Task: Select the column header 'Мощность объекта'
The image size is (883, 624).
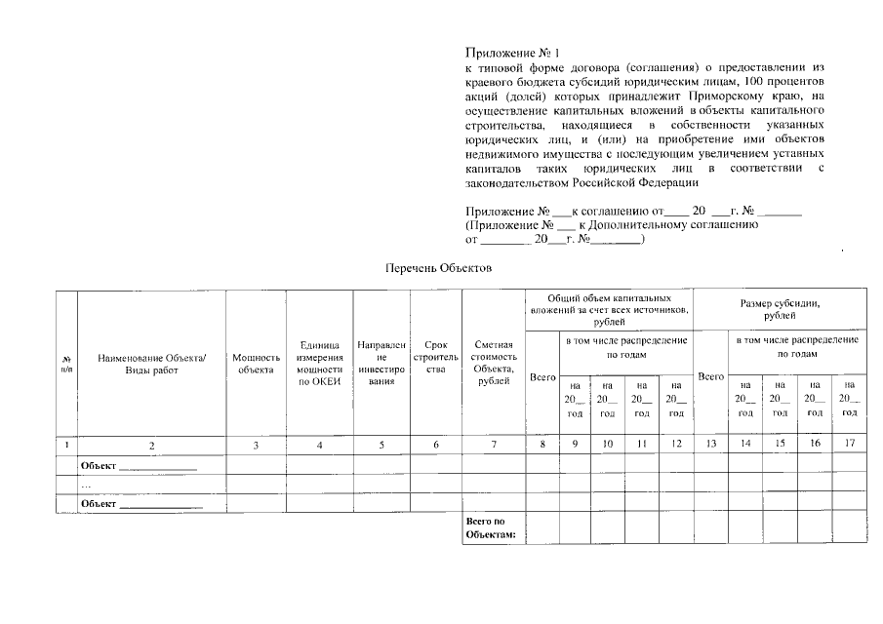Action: click(256, 364)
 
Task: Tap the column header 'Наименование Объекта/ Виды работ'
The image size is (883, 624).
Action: click(152, 364)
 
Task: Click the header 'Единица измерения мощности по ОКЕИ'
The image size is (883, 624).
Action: click(320, 364)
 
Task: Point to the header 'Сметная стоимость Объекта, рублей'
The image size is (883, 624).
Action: click(494, 364)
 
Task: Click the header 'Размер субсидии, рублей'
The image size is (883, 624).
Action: click(781, 309)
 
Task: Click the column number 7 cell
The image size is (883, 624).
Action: click(494, 446)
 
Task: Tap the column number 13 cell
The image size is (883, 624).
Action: click(710, 446)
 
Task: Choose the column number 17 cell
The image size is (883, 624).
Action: click(850, 446)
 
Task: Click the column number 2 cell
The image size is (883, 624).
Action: click(152, 446)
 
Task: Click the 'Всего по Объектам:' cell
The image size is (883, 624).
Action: click(494, 527)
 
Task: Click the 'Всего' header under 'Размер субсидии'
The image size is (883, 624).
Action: click(710, 376)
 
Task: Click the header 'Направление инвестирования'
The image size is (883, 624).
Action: click(376, 364)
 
